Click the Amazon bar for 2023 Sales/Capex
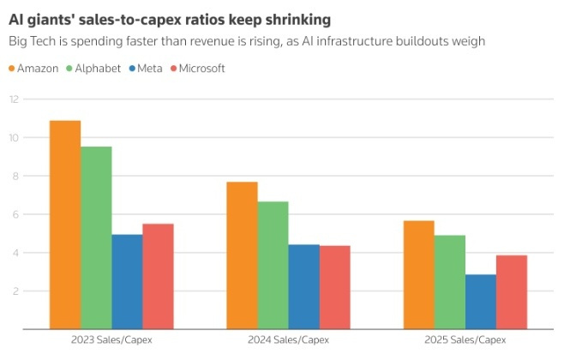[x=65, y=225]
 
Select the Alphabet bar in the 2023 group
[x=96, y=237]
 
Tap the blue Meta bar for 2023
[x=127, y=282]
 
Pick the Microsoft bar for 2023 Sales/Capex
[x=158, y=276]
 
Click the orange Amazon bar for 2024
[x=242, y=255]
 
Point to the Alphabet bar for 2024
[x=273, y=266]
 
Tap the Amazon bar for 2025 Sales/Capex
[x=418, y=275]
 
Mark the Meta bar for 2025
[x=480, y=302]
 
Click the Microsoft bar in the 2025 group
[x=512, y=292]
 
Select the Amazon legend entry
[x=39, y=68]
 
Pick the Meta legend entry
[x=152, y=68]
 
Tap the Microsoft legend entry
[x=200, y=68]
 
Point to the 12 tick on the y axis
[x=13, y=99]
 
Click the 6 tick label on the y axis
[x=15, y=214]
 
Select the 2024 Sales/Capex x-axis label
[x=288, y=340]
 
